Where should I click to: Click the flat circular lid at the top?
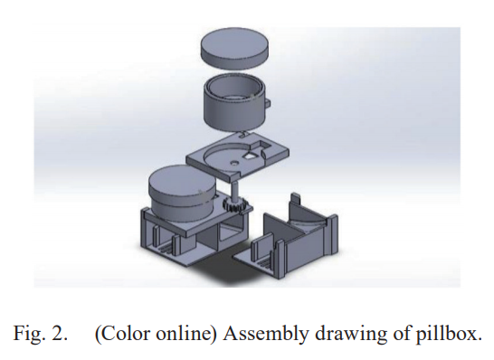(234, 48)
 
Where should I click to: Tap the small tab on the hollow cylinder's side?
(268, 103)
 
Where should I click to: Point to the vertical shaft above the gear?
(234, 186)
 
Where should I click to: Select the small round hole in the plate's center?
(233, 163)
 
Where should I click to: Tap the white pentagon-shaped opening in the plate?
(251, 156)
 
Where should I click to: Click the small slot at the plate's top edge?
(242, 135)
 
